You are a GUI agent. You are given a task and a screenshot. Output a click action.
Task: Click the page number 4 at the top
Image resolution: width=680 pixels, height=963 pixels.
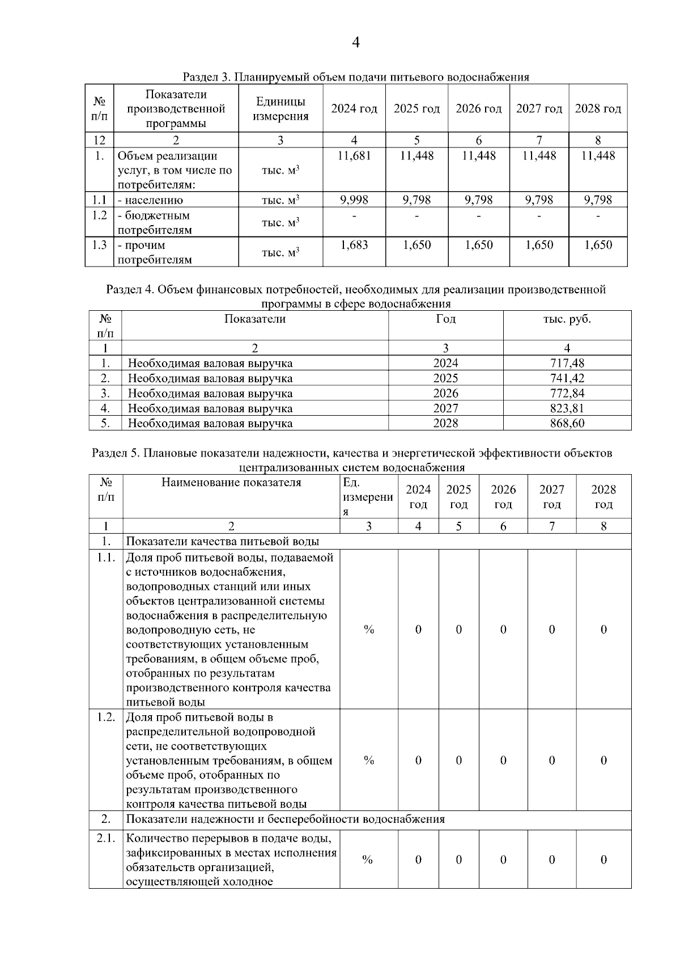pyautogui.click(x=356, y=43)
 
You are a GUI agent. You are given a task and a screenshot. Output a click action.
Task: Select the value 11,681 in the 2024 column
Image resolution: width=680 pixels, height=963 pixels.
pyautogui.click(x=354, y=156)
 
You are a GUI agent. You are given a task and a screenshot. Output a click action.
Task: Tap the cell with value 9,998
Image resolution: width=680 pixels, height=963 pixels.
pyautogui.click(x=354, y=200)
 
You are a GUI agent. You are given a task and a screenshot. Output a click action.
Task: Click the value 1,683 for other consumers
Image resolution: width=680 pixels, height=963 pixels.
pyautogui.click(x=354, y=245)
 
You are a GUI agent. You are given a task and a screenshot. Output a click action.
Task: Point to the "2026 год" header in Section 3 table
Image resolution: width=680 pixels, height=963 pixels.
pyautogui.click(x=479, y=108)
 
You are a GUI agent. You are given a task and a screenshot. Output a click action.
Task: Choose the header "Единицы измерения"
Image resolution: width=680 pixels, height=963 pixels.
pyautogui.click(x=280, y=109)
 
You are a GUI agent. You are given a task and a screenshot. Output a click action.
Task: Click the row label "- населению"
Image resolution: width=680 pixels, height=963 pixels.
pyautogui.click(x=150, y=200)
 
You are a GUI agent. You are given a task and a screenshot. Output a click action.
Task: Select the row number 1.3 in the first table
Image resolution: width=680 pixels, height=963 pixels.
pyautogui.click(x=99, y=245)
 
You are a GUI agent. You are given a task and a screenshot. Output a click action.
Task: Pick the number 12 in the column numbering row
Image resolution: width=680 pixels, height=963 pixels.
pyautogui.click(x=99, y=140)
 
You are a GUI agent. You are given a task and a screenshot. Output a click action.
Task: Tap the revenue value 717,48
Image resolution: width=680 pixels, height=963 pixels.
pyautogui.click(x=567, y=363)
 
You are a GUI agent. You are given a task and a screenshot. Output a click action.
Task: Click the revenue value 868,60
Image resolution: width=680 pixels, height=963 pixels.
pyautogui.click(x=567, y=423)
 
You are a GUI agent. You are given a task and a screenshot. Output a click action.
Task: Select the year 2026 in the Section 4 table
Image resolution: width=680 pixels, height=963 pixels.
pyautogui.click(x=445, y=393)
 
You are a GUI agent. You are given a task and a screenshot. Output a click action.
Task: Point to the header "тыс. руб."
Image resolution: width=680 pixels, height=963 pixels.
pyautogui.click(x=567, y=319)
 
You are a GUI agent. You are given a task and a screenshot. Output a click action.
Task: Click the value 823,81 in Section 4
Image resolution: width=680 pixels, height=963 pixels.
pyautogui.click(x=567, y=408)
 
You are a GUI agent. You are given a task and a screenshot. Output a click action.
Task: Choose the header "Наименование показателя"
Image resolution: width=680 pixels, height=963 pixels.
pyautogui.click(x=231, y=483)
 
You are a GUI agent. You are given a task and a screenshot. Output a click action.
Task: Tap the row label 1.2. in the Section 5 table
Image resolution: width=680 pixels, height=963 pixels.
pyautogui.click(x=106, y=717)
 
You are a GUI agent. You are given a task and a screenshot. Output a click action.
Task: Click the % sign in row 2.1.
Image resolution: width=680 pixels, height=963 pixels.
pyautogui.click(x=368, y=860)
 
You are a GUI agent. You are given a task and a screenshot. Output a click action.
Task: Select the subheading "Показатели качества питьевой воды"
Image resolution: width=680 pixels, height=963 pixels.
pyautogui.click(x=222, y=542)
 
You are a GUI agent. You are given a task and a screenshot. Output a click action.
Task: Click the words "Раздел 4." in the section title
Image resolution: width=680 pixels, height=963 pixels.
pyautogui.click(x=130, y=290)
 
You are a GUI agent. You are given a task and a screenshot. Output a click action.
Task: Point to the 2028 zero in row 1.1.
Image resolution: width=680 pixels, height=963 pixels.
pyautogui.click(x=603, y=630)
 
